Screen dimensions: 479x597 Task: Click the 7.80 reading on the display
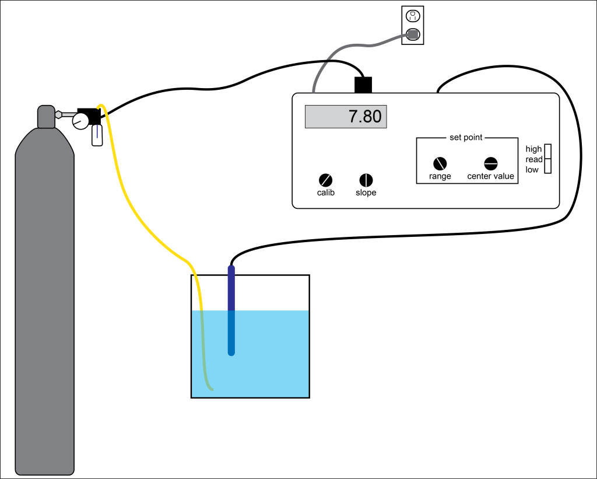pyautogui.click(x=364, y=117)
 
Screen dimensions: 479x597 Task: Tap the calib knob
pyautogui.click(x=325, y=180)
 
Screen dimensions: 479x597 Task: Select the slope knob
pyautogui.click(x=366, y=180)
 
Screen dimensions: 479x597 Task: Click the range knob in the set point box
pyautogui.click(x=440, y=164)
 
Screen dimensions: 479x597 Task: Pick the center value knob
pyautogui.click(x=490, y=164)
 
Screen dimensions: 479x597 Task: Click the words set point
pyautogui.click(x=466, y=138)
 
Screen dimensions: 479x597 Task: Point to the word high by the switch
pyautogui.click(x=533, y=149)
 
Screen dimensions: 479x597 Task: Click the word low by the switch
pyautogui.click(x=532, y=170)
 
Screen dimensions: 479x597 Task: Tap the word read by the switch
pyautogui.click(x=534, y=159)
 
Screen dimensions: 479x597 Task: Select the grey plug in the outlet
pyautogui.click(x=413, y=34)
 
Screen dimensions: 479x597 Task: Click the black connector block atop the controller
pyautogui.click(x=363, y=85)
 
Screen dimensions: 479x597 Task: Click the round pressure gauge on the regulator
pyautogui.click(x=80, y=121)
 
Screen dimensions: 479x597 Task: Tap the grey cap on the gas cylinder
pyautogui.click(x=46, y=117)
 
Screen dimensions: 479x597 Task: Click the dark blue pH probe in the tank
pyautogui.click(x=231, y=309)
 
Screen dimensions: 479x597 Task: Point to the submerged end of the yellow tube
pyautogui.click(x=209, y=387)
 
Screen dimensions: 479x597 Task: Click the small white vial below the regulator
pyautogui.click(x=97, y=135)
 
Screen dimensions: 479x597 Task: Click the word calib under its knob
pyautogui.click(x=325, y=193)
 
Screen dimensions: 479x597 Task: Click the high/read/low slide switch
pyautogui.click(x=548, y=159)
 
